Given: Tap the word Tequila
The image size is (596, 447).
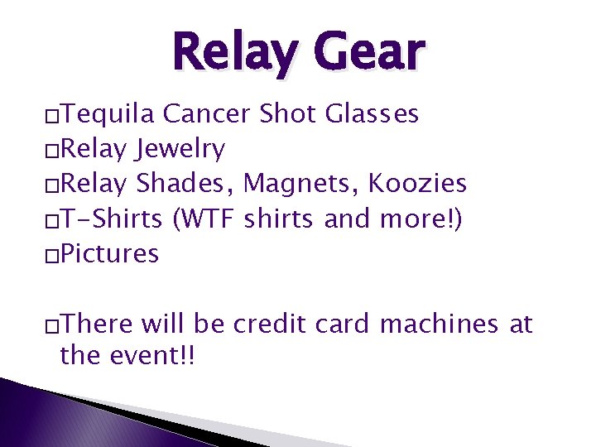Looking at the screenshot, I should pyautogui.click(x=108, y=113).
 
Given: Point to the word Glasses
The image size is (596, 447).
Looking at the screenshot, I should pyautogui.click(x=372, y=113).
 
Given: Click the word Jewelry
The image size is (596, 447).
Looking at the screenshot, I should pyautogui.click(x=180, y=149).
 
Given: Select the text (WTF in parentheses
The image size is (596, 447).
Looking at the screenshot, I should pyautogui.click(x=205, y=219).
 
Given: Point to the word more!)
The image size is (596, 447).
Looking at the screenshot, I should pyautogui.click(x=424, y=219).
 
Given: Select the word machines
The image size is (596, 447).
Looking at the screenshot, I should pyautogui.click(x=439, y=324).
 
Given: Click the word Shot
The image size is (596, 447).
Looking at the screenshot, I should pyautogui.click(x=289, y=113).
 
